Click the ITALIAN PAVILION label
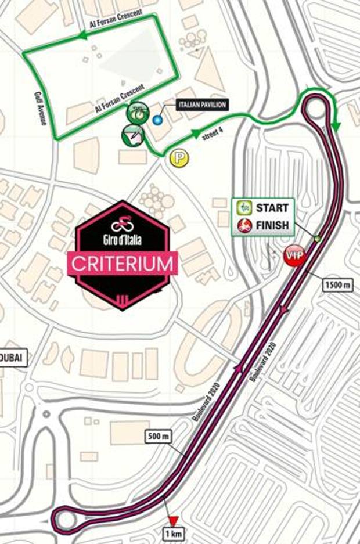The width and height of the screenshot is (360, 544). coord(198,105)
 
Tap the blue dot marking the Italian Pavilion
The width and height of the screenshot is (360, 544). coord(157,120)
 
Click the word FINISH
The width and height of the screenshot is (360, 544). coord(272,225)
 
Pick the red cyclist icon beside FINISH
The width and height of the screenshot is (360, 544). coord(244,225)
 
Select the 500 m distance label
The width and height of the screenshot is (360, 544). coord(159,435)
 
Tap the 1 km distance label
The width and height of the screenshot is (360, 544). coord(172,534)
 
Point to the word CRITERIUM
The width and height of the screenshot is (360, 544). coord(123,264)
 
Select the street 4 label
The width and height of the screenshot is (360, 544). coord(213,138)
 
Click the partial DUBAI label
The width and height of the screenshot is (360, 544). coord(13,358)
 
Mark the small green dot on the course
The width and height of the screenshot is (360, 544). coord(317,239)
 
